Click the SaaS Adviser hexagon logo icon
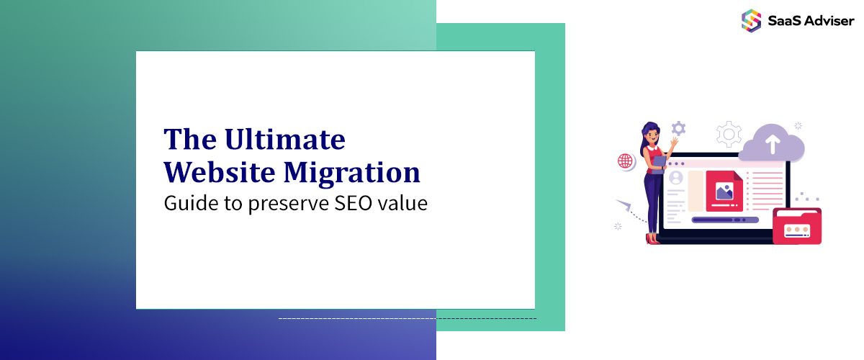751,19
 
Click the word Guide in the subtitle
186,204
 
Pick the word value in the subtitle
405,204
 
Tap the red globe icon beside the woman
625,161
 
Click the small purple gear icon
678,129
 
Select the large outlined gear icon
729,135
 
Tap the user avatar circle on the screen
675,177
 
